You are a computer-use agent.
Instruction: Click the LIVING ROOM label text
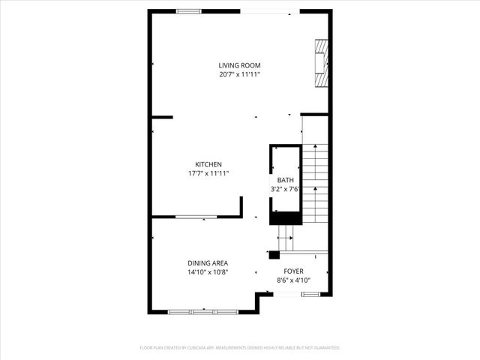tap(239, 66)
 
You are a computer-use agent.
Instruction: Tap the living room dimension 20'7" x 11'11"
tap(239, 74)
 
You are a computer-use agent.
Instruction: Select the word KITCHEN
tap(208, 164)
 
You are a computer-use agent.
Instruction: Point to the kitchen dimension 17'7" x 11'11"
tap(208, 173)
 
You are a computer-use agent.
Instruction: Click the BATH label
tap(286, 180)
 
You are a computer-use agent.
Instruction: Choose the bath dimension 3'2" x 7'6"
tap(286, 189)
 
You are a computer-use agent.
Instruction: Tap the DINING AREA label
tap(208, 263)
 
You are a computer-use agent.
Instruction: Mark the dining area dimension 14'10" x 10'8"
tap(208, 272)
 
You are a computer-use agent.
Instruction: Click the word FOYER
tap(293, 271)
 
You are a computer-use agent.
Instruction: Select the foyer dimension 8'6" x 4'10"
tap(293, 280)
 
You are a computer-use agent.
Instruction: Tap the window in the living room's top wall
tap(188, 10)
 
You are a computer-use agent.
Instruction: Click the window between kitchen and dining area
tap(196, 217)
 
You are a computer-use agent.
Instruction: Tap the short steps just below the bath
tap(286, 239)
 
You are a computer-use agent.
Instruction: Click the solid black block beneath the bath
tap(284, 218)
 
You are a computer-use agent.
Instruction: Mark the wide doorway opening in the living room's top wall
tap(266, 11)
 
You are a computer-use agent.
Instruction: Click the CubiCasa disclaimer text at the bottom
tap(240, 348)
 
